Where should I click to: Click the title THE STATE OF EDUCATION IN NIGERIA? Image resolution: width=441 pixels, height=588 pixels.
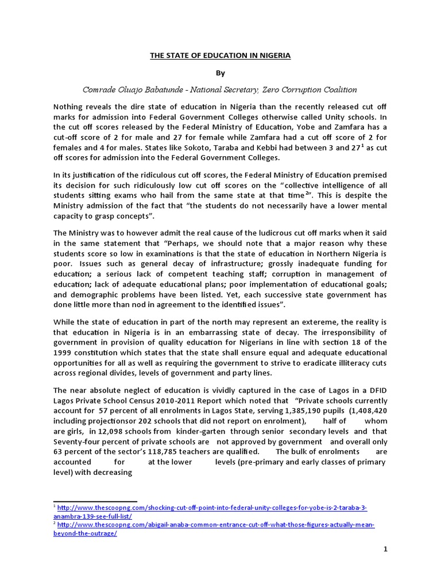coord(220,56)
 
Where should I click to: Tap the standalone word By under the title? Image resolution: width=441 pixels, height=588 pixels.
coord(220,73)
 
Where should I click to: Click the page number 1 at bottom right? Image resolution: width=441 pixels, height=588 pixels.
coord(385,550)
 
